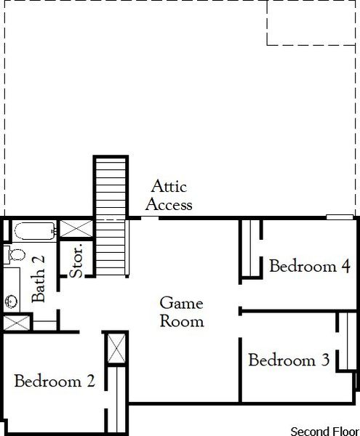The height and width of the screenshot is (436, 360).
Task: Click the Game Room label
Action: pyautogui.click(x=182, y=312)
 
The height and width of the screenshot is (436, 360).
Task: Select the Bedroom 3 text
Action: pyautogui.click(x=289, y=360)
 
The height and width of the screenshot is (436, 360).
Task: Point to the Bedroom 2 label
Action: pyautogui.click(x=55, y=381)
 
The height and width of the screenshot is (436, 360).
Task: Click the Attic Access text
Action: pyautogui.click(x=169, y=196)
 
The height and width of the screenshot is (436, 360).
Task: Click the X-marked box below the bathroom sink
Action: pyautogui.click(x=17, y=323)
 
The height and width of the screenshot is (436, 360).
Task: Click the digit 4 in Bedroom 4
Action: pyautogui.click(x=345, y=266)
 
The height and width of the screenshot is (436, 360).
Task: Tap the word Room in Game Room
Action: pyautogui.click(x=182, y=320)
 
